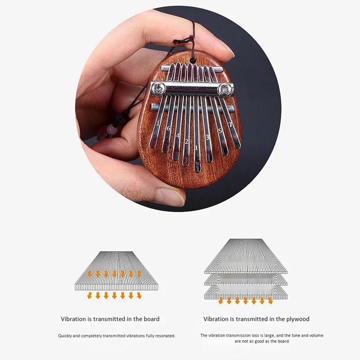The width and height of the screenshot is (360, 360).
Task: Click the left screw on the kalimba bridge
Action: tap(160, 88)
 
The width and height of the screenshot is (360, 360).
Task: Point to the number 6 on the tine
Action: tap(168, 129)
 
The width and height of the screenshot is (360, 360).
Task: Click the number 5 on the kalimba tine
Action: tap(220, 131)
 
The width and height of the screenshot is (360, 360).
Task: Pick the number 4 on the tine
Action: tap(178, 135)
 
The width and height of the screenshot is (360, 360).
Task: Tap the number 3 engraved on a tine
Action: tap(207, 137)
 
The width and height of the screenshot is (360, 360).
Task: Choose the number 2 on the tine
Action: tap(186, 141)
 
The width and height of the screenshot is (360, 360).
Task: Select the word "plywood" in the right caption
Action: tap(297, 319)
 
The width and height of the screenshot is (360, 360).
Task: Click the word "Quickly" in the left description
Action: tap(66, 336)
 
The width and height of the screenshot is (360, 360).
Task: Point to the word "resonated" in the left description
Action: tap(164, 336)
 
